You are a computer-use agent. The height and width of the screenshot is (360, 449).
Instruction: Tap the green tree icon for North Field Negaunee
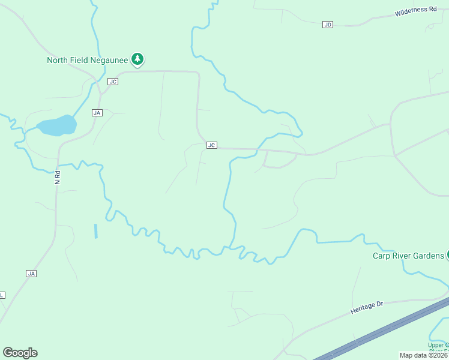click(x=139, y=59)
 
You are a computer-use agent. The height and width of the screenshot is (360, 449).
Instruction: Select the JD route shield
click(x=327, y=24)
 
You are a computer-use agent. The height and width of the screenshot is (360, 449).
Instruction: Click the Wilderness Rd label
click(x=415, y=11)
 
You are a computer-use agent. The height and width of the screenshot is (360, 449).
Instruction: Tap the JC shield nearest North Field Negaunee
click(x=113, y=81)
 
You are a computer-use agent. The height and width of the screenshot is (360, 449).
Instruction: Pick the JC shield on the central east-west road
click(x=211, y=145)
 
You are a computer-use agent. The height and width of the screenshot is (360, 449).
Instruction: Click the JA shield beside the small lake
click(x=97, y=112)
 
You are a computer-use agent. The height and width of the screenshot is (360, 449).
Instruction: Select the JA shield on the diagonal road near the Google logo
click(x=32, y=273)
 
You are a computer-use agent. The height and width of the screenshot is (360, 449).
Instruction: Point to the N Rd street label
click(x=58, y=178)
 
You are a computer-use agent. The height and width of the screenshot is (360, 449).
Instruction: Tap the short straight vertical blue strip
click(x=95, y=231)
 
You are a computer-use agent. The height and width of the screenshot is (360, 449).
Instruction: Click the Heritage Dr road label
click(x=366, y=307)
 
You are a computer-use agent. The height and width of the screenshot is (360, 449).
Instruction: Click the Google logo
click(x=20, y=353)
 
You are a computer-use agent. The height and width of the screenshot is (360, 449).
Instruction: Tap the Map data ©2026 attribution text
click(x=423, y=355)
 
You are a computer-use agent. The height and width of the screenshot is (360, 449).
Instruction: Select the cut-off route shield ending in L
click(x=2, y=295)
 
